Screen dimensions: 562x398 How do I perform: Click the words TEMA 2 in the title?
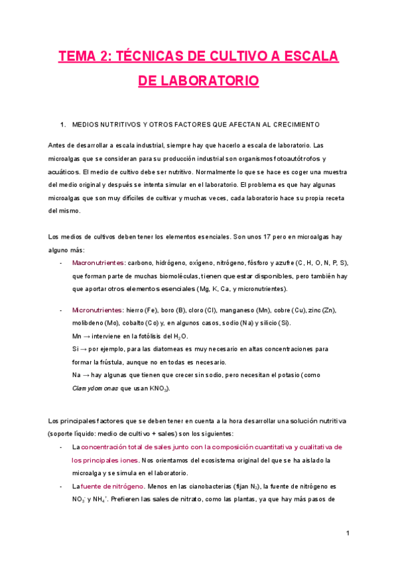coord(83,57)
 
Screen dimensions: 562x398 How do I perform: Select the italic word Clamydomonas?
coord(92,388)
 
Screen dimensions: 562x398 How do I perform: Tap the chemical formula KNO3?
coord(158,389)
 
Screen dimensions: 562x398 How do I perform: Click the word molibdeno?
coord(88,323)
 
